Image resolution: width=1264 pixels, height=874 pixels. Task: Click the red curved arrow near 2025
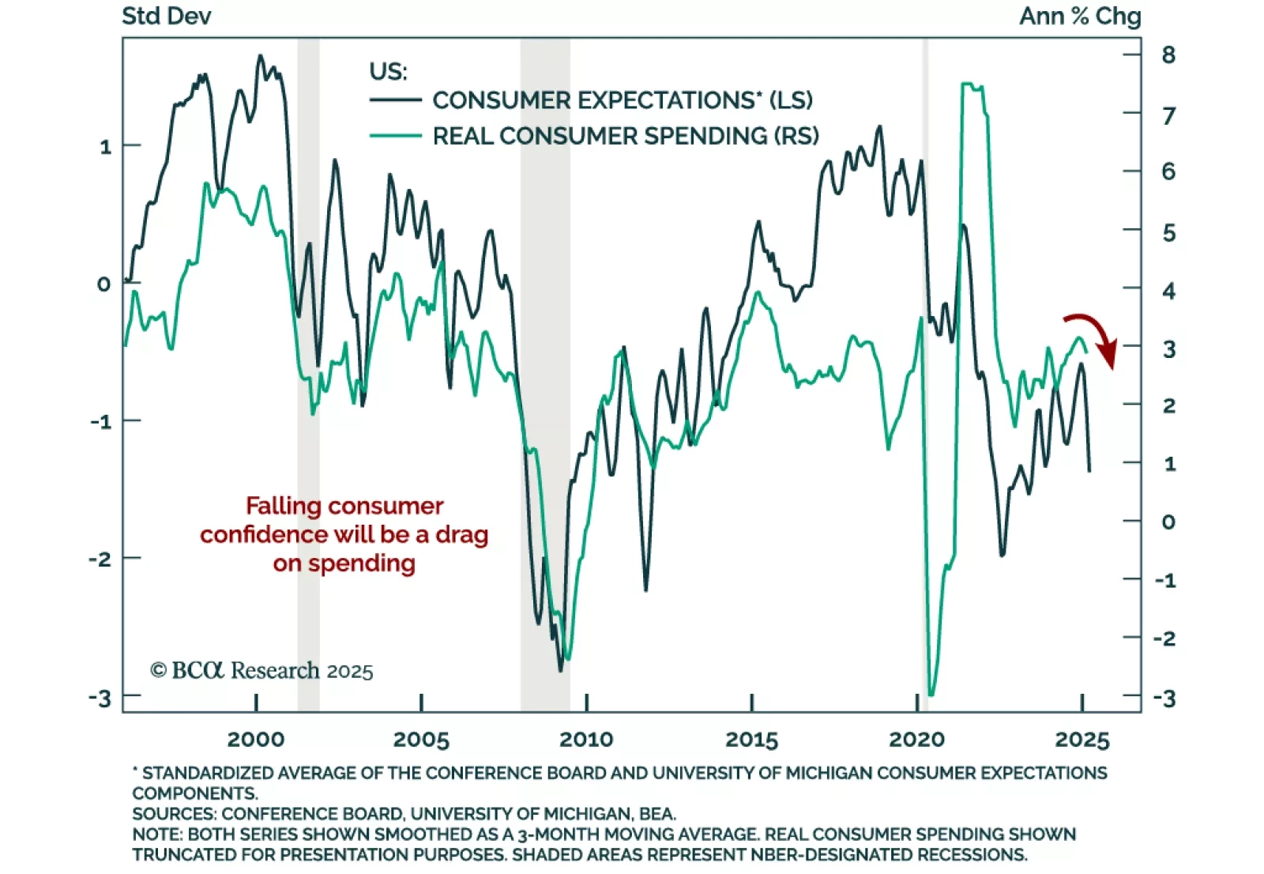(x=1095, y=335)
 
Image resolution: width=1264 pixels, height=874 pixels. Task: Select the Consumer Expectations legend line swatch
(x=395, y=100)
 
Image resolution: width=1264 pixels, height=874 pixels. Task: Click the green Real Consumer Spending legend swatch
(x=395, y=136)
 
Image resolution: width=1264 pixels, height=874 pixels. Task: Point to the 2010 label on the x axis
(x=586, y=740)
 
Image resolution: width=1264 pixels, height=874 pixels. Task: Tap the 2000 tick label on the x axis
(x=256, y=740)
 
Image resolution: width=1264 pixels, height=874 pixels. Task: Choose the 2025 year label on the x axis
(x=1082, y=740)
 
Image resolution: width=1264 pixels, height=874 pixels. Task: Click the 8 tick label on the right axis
(x=1168, y=55)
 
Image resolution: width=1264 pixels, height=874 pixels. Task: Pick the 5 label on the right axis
(x=1168, y=233)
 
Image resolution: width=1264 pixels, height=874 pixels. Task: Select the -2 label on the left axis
(x=100, y=559)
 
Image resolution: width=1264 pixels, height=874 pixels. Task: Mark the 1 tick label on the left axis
(x=106, y=147)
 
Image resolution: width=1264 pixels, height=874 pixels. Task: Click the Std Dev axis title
(x=167, y=17)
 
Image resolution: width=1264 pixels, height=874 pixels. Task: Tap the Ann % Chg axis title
(x=1080, y=17)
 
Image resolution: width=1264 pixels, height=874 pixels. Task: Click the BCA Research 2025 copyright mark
(x=261, y=671)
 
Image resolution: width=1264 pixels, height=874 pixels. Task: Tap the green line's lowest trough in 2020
(x=931, y=695)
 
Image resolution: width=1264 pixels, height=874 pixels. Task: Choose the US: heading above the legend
(x=388, y=71)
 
